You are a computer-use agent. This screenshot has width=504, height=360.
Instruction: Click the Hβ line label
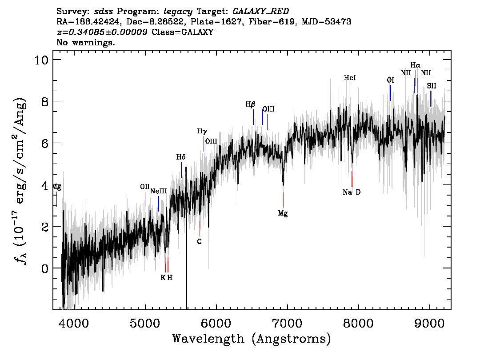(x=250, y=104)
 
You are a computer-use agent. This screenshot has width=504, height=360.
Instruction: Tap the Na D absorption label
(x=352, y=192)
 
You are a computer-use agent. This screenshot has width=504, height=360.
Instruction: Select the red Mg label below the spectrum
(x=283, y=213)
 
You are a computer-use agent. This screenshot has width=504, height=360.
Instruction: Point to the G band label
(x=199, y=241)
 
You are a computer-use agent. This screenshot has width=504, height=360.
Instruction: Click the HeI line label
(x=350, y=78)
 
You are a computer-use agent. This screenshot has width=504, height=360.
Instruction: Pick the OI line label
(x=390, y=80)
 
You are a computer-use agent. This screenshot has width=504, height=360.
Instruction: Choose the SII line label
(x=432, y=86)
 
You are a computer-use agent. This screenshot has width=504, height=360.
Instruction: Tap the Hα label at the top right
(x=415, y=66)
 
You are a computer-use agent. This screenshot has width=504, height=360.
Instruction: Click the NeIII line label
(x=159, y=191)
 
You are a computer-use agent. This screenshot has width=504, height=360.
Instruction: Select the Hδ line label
(x=180, y=157)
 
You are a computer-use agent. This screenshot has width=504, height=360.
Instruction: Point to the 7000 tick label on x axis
(x=287, y=323)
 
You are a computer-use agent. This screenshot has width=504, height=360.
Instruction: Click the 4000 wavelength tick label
(x=74, y=323)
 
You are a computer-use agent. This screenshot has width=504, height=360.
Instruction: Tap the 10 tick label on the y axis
(x=41, y=60)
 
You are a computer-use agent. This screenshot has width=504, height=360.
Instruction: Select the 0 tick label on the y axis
(x=45, y=268)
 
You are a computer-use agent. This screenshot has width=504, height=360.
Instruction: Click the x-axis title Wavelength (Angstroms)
(x=252, y=339)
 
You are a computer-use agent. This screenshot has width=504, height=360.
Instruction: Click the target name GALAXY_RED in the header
(x=261, y=12)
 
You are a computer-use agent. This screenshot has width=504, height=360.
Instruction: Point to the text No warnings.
(x=85, y=42)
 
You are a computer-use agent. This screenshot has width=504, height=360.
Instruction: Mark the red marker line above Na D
(x=352, y=179)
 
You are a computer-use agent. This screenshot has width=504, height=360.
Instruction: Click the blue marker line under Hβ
(x=253, y=117)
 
